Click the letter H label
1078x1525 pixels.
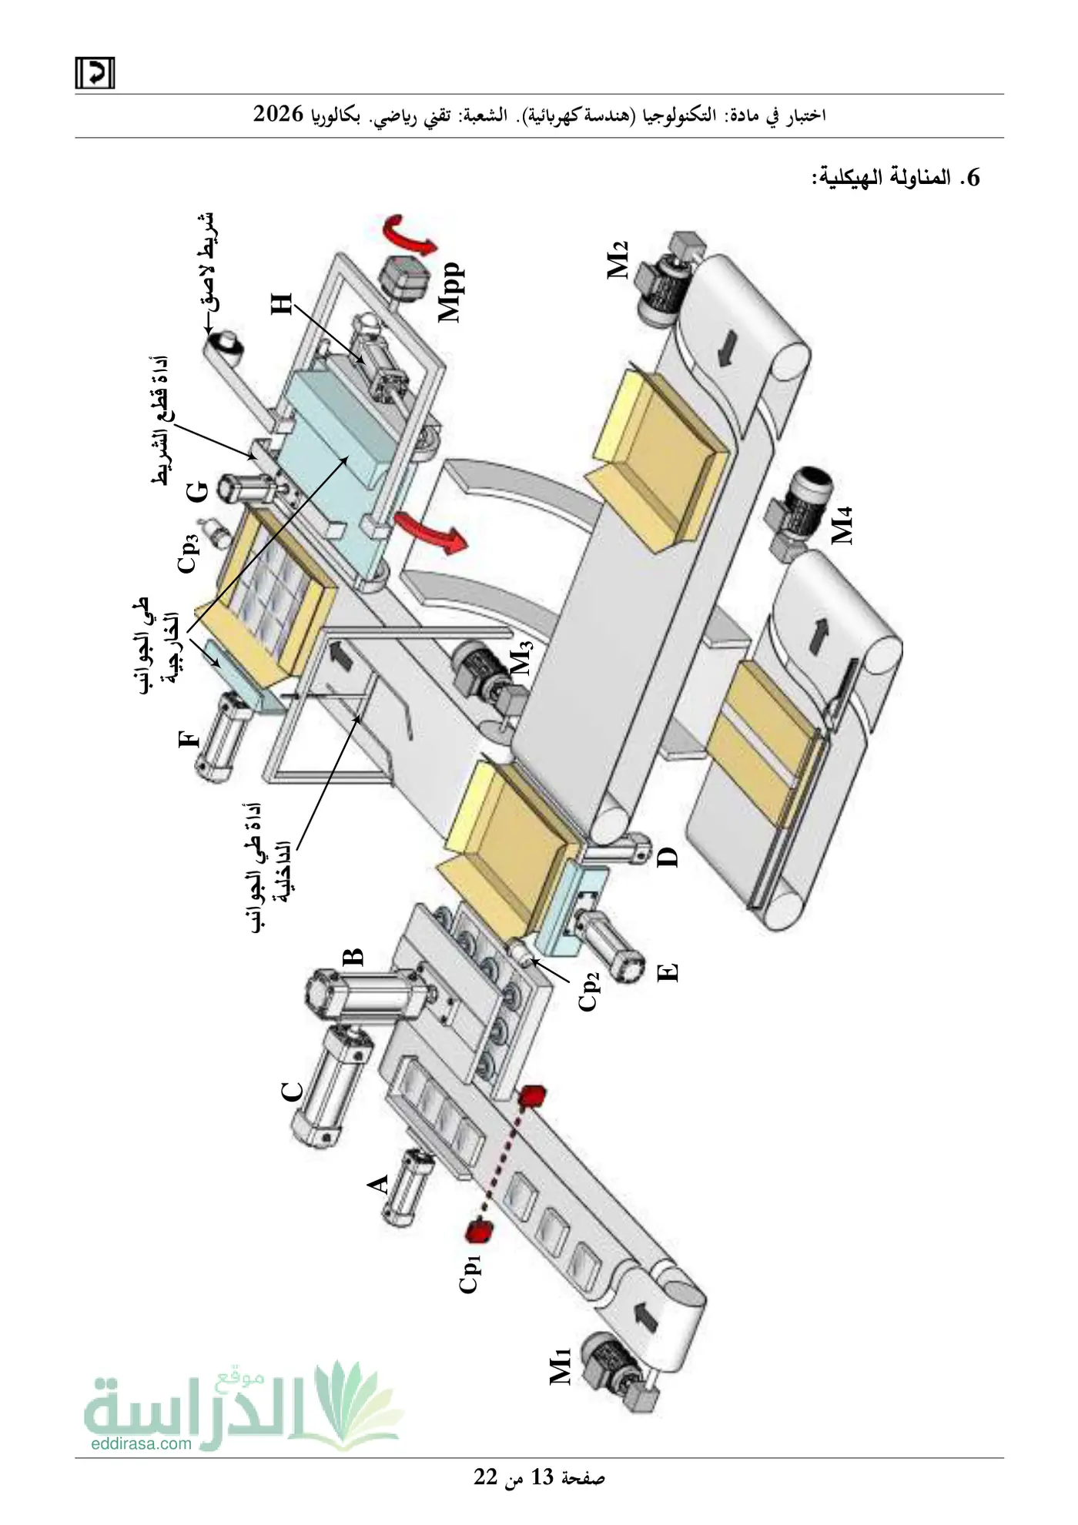(282, 303)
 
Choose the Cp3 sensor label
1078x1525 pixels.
(189, 553)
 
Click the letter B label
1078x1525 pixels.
(353, 957)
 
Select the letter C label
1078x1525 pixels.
(293, 1092)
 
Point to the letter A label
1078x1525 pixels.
(378, 1184)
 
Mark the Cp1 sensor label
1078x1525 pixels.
(470, 1273)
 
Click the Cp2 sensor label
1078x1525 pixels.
(589, 991)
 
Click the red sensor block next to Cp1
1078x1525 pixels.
(479, 1230)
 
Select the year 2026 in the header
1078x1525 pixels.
(280, 114)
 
